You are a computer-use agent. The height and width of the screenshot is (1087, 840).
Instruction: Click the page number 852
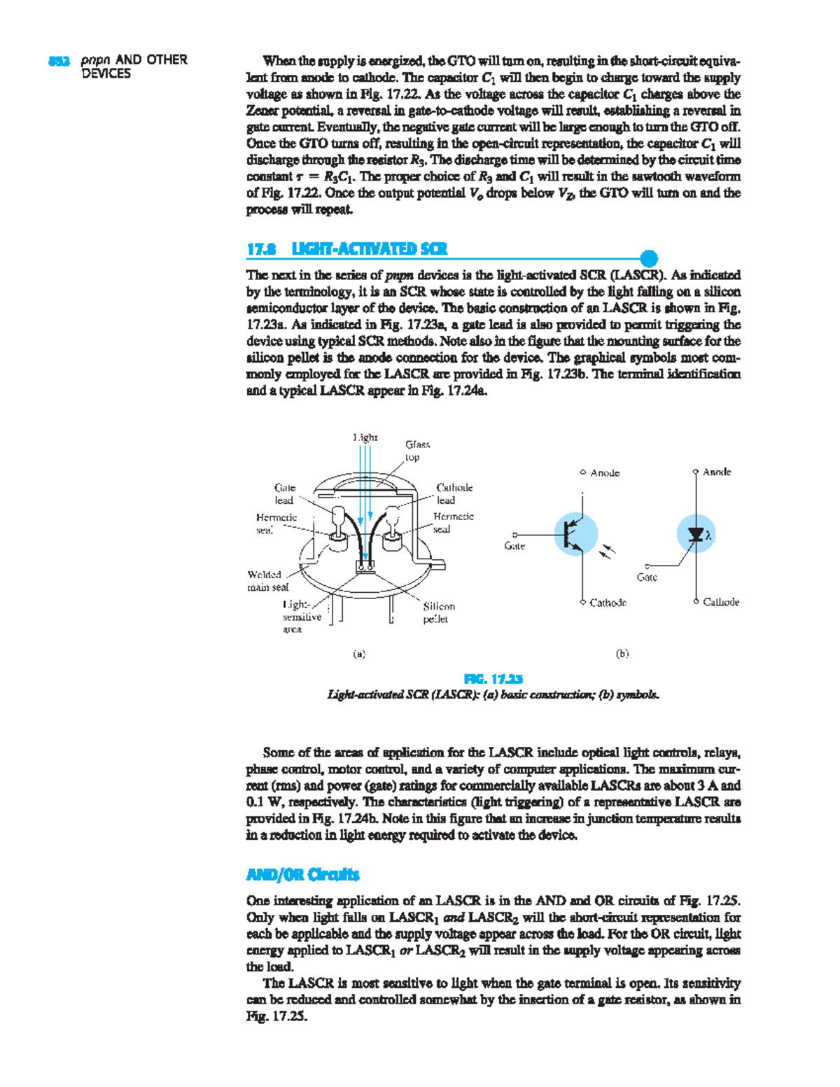tap(59, 61)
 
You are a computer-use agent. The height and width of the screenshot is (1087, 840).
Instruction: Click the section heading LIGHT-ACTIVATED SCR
tap(369, 249)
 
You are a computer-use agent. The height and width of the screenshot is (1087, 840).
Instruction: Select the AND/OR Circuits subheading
tap(302, 874)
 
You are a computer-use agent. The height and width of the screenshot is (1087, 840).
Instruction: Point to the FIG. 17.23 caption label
tap(493, 679)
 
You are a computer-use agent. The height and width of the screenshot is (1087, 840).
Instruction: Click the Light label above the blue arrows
tap(365, 437)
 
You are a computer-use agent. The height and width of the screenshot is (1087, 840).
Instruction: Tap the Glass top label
tap(417, 451)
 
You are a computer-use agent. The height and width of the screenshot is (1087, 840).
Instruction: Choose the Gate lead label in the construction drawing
tap(284, 493)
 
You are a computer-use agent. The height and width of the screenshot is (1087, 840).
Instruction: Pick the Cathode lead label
tap(454, 493)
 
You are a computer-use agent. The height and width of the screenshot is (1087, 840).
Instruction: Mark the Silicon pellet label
tap(438, 612)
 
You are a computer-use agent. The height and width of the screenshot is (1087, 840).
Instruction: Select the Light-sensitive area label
tap(301, 617)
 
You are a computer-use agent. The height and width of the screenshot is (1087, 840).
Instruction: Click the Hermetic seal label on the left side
tap(276, 523)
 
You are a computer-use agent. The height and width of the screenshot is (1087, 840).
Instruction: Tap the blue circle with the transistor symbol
tap(576, 534)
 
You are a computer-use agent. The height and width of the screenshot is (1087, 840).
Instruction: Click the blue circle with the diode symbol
tap(696, 534)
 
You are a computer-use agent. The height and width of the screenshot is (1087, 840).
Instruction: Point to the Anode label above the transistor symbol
tap(604, 473)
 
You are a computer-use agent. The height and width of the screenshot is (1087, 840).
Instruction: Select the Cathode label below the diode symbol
tap(721, 602)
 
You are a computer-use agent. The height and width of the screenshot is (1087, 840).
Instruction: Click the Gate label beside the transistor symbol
tap(514, 546)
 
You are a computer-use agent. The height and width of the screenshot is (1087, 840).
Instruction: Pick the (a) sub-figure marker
tap(358, 654)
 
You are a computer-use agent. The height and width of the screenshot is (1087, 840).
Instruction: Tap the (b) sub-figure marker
tap(622, 654)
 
